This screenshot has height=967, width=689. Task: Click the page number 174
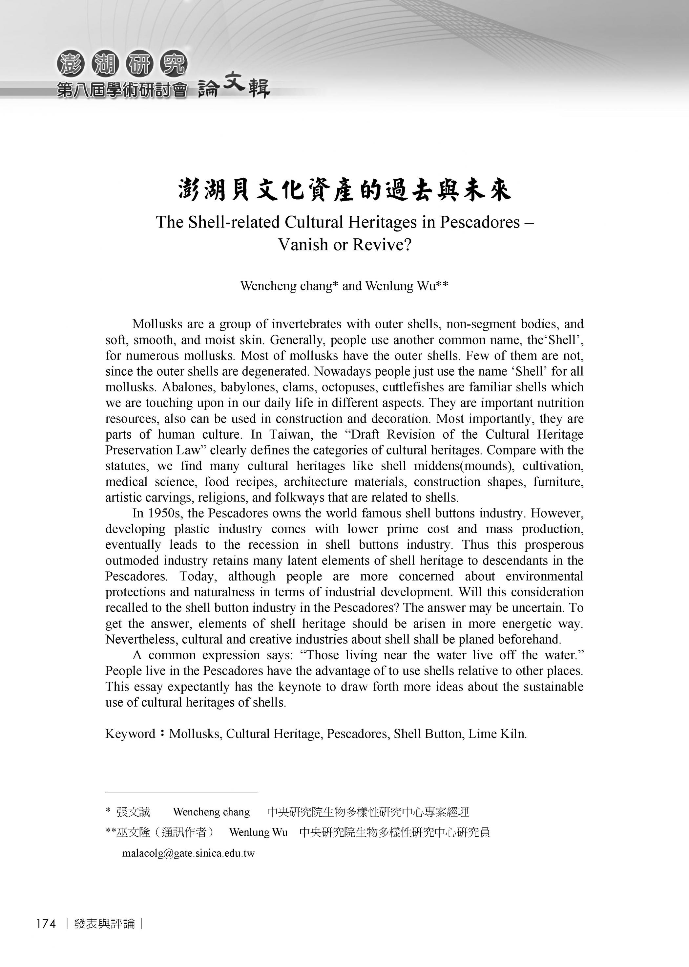46,924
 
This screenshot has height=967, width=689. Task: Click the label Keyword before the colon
130,734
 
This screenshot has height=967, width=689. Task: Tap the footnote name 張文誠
133,812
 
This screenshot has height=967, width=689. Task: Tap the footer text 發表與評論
104,924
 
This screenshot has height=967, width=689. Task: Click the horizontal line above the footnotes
181,792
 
